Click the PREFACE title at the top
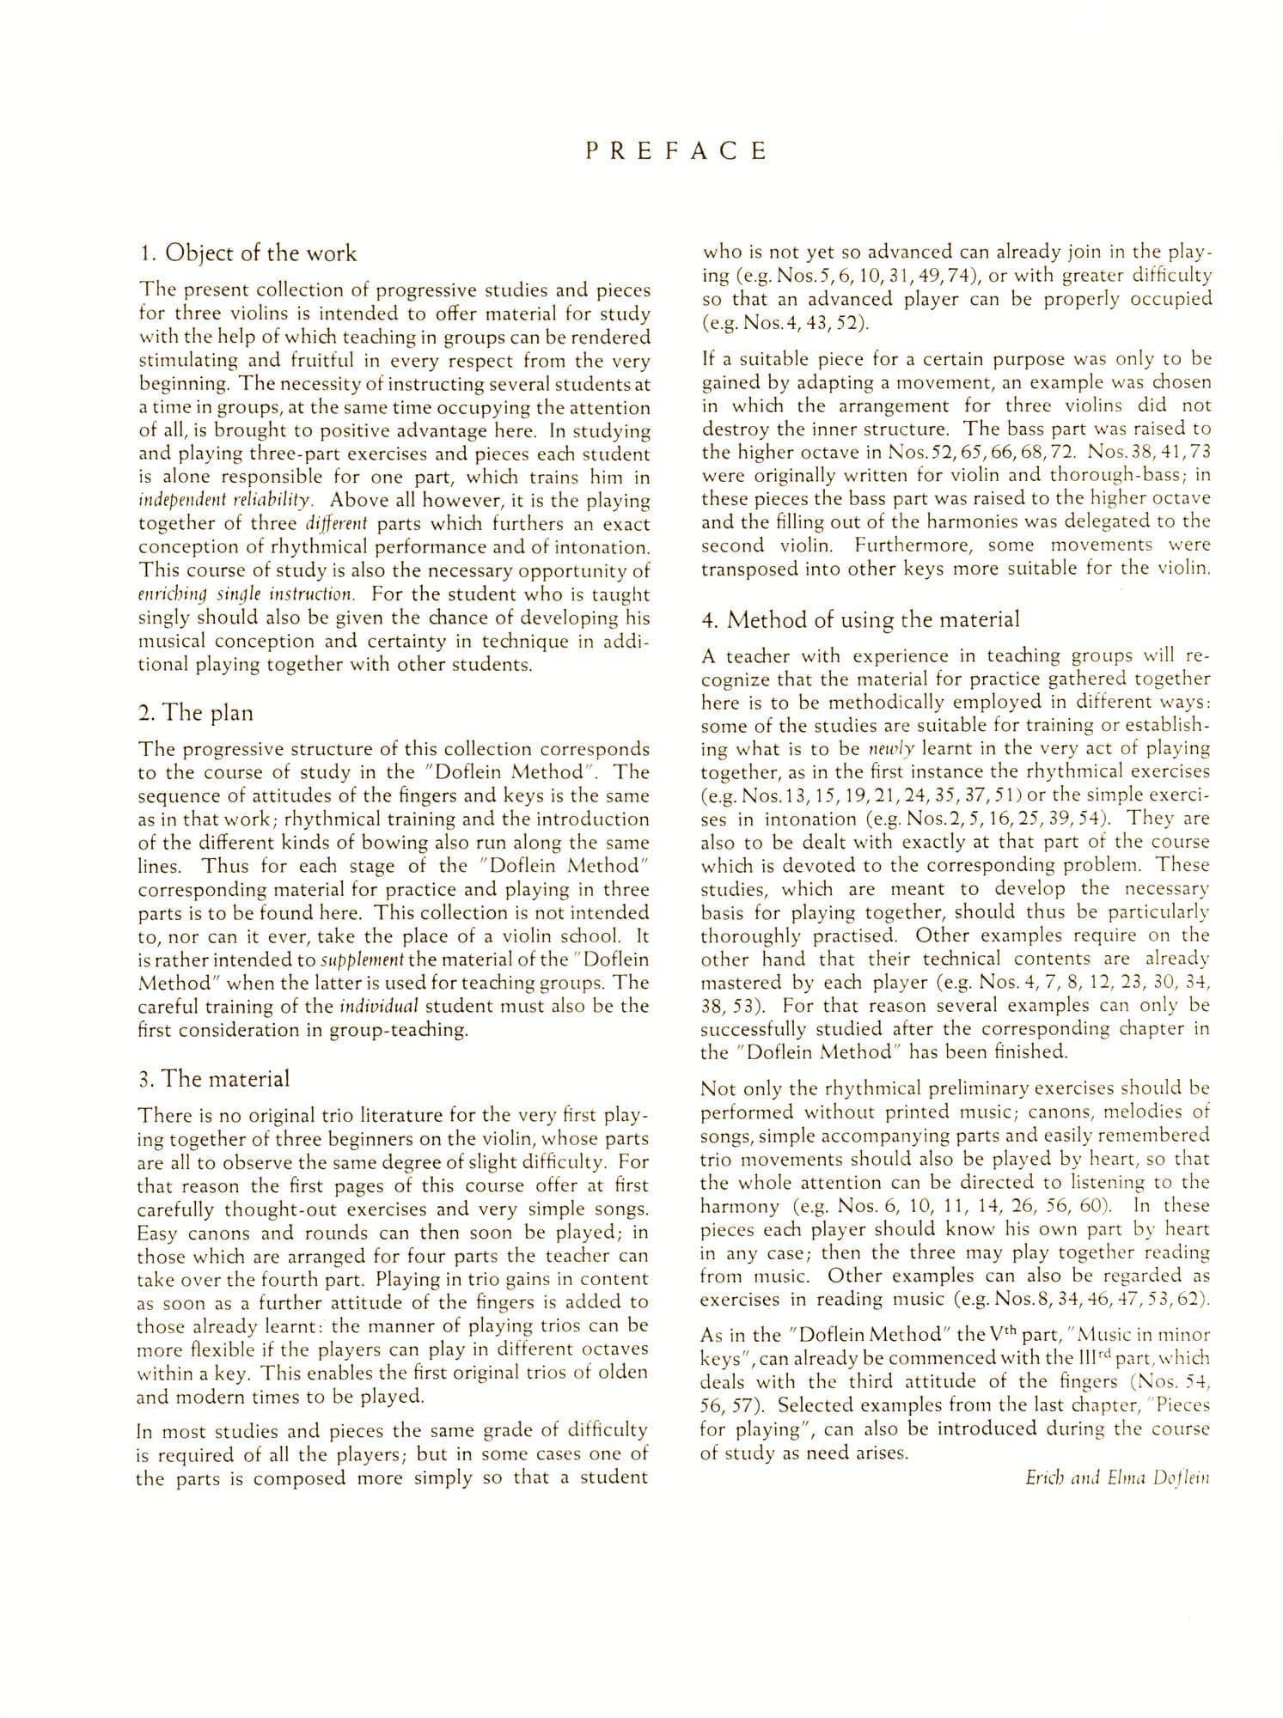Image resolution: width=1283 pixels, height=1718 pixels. point(675,152)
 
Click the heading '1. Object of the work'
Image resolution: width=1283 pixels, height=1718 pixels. point(247,253)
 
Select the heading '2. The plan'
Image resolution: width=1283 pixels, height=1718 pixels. point(195,712)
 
